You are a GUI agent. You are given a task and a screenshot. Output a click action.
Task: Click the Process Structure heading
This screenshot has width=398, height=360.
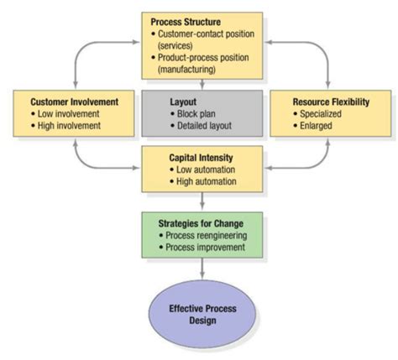186,21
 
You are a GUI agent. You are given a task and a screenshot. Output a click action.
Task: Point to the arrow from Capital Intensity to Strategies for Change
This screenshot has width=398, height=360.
201,201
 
